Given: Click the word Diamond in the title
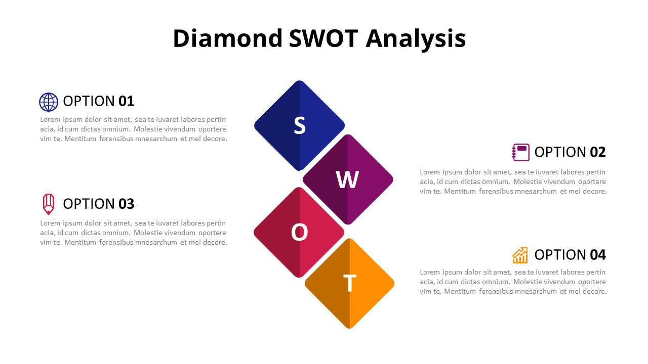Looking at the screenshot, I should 227,38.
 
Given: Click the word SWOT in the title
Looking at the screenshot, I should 323,38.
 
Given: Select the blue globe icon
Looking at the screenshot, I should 49,102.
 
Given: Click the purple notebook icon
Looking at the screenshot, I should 521,152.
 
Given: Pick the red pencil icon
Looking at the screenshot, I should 49,204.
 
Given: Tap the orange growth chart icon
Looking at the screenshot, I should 520,255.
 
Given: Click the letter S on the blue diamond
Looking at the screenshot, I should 300,125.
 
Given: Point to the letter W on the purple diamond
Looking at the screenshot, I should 348,179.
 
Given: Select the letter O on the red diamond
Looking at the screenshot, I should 299,233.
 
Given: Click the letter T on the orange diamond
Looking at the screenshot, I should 350,284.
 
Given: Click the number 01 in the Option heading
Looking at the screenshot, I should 127,101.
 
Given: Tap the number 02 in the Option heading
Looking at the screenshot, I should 598,152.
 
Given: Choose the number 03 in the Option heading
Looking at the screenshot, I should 127,204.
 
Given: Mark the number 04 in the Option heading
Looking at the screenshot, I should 598,254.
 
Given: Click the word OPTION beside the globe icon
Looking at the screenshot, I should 89,101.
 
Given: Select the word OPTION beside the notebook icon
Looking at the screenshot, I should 560,152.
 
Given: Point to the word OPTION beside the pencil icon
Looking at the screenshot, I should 89,204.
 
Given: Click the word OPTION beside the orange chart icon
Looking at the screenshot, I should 560,254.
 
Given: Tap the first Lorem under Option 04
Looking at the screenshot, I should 430,272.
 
